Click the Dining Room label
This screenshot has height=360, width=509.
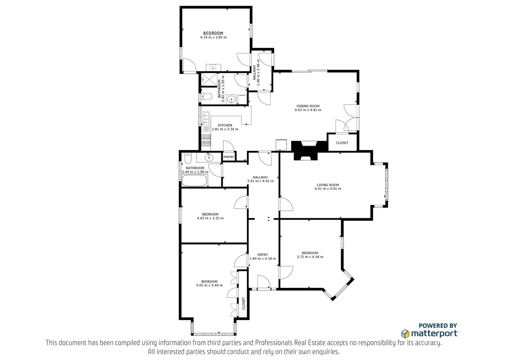308,106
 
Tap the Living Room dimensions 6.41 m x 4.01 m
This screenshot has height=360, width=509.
328,188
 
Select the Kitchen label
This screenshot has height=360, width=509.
225,125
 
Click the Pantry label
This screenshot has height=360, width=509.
229,157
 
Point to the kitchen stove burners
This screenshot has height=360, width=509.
206,140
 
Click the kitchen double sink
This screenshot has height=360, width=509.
206,119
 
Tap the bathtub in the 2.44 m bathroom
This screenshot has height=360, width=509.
194,180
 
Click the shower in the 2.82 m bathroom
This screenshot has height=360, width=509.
209,80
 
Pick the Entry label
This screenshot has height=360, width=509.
263,255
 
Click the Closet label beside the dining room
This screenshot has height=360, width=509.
342,143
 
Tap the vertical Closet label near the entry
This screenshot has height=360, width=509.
244,303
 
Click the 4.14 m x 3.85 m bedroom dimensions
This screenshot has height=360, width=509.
213,37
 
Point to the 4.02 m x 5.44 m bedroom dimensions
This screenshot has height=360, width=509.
209,285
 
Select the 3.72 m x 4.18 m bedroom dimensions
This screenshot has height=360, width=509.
310,257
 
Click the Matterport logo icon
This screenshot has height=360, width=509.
406,334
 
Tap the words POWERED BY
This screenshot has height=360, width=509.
438,326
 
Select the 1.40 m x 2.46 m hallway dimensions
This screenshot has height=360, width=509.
258,73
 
